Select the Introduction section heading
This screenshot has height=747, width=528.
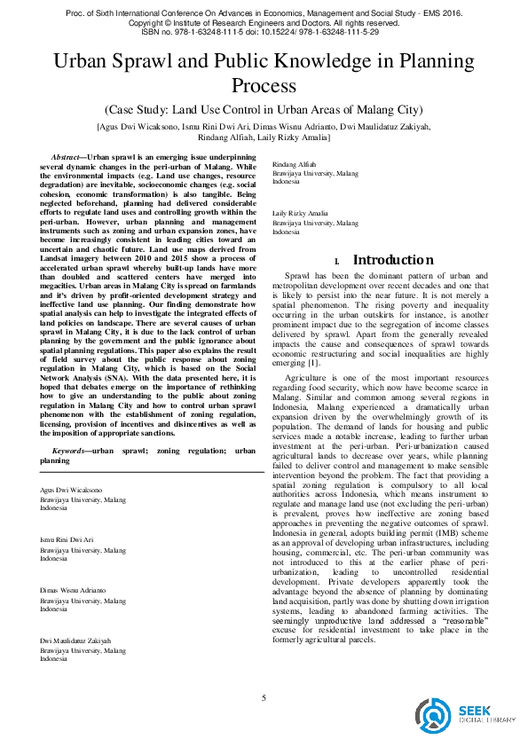pos(393,260)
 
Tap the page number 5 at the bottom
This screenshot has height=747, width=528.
pos(264,697)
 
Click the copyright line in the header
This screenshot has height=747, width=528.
pos(264,23)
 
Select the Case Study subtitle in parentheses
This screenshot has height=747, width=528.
pos(264,110)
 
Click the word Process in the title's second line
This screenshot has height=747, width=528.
pos(264,86)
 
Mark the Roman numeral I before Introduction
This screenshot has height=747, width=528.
pos(338,262)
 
